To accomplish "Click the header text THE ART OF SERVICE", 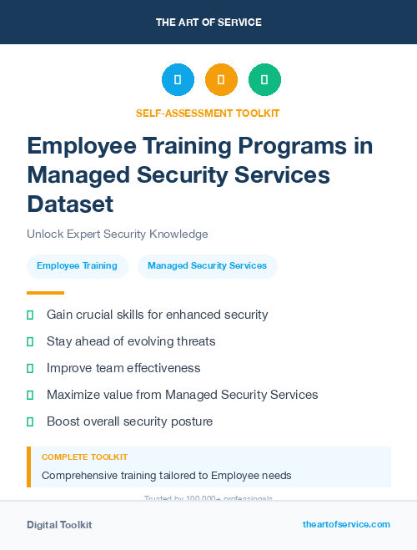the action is pyautogui.click(x=208, y=23).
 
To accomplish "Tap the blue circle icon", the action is pyautogui.click(x=178, y=80).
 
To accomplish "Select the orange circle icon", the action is pyautogui.click(x=221, y=80).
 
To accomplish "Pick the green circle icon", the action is pyautogui.click(x=264, y=80).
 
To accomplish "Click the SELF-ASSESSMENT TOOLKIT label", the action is pyautogui.click(x=208, y=113).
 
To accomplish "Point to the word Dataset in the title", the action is pyautogui.click(x=70, y=204).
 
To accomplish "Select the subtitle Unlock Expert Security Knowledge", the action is pyautogui.click(x=117, y=235).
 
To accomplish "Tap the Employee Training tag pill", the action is pyautogui.click(x=78, y=266).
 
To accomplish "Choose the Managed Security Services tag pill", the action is pyautogui.click(x=207, y=266).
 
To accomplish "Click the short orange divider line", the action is pyautogui.click(x=45, y=293).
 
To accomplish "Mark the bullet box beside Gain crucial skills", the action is pyautogui.click(x=30, y=315).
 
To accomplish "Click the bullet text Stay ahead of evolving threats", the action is pyautogui.click(x=131, y=341).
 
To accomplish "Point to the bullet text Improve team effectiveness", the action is pyautogui.click(x=123, y=368).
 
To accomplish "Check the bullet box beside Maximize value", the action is pyautogui.click(x=30, y=395).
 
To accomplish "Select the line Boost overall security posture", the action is pyautogui.click(x=129, y=421).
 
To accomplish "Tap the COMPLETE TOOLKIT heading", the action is pyautogui.click(x=84, y=457).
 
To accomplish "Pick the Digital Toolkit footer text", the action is pyautogui.click(x=59, y=525).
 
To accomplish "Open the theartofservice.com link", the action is pyautogui.click(x=346, y=524).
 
